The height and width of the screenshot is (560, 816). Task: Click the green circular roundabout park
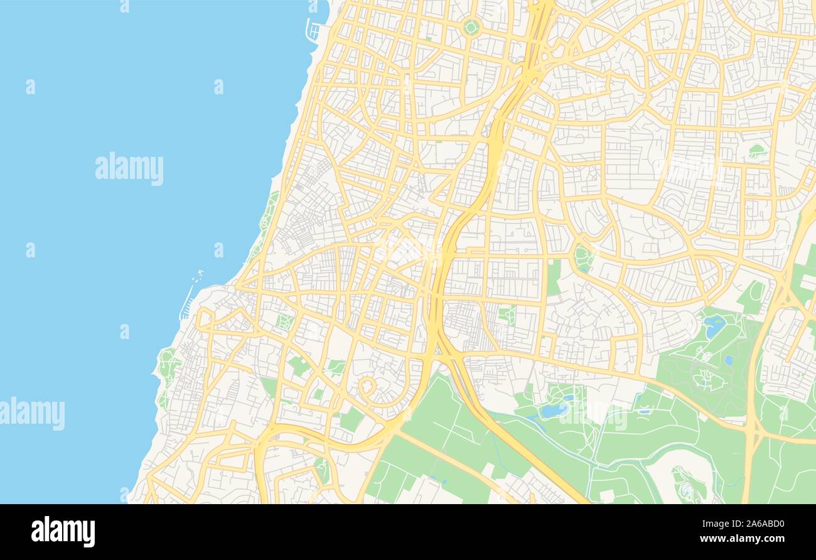point(471,27)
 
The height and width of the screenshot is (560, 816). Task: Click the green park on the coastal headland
point(167,364)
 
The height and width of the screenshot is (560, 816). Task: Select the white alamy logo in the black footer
point(63,532)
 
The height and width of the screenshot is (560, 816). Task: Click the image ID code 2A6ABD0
point(753,524)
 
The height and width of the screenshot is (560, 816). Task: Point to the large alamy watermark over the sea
point(129,168)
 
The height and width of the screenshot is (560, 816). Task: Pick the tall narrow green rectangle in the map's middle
point(553,277)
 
